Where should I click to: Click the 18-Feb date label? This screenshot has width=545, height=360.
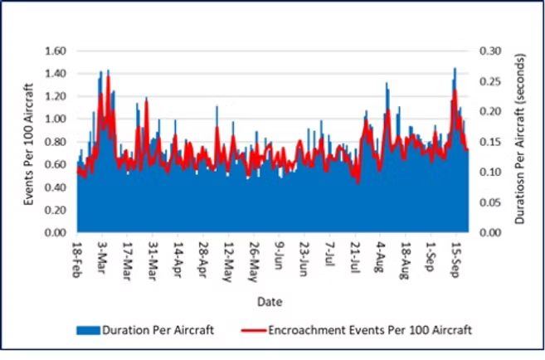tap(78, 259)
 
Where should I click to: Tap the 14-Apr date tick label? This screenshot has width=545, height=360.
tap(178, 258)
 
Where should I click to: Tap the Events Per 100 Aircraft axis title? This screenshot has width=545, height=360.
tap(29, 141)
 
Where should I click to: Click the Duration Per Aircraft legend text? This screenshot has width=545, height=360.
tap(158, 330)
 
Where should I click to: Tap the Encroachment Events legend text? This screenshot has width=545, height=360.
tap(370, 330)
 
